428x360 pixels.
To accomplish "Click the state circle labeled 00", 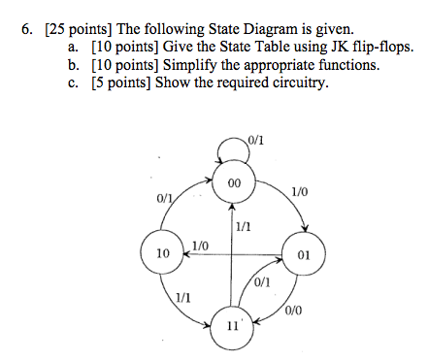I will [233, 183].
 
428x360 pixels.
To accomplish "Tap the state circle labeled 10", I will [162, 253].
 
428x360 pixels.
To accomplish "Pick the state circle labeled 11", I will [232, 325].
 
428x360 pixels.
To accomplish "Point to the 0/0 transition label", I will [295, 311].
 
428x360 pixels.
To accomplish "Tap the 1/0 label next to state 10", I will [201, 245].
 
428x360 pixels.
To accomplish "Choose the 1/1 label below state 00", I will [243, 226].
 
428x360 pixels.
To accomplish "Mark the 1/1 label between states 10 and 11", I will [182, 297].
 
